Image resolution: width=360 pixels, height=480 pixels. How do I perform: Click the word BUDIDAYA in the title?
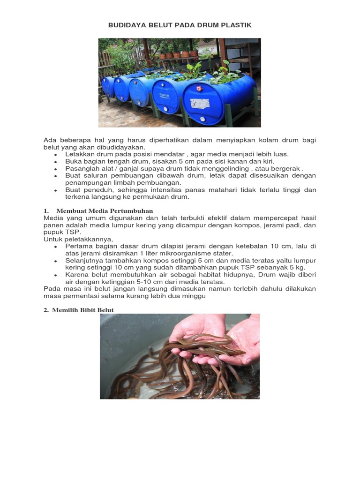[x=125, y=25]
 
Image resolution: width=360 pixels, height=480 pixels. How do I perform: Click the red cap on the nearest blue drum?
[x=199, y=88]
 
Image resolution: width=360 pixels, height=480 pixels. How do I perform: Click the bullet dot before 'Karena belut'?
[x=55, y=275]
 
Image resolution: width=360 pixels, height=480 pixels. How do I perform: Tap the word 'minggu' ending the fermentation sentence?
[x=195, y=296]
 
